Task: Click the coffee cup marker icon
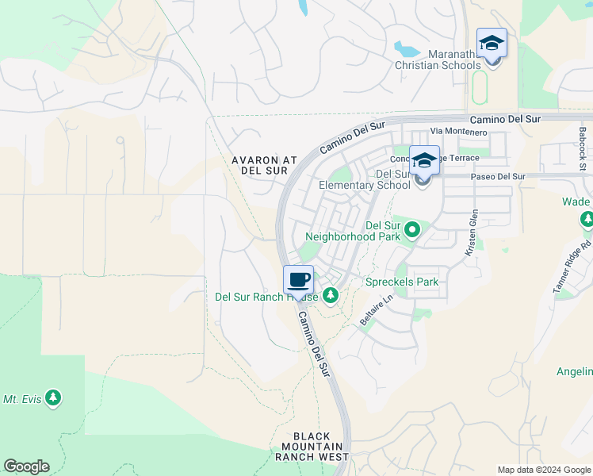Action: (x=298, y=279)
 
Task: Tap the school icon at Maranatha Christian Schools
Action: (x=492, y=42)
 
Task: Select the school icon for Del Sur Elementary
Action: (x=424, y=159)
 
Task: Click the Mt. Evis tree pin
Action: (x=53, y=397)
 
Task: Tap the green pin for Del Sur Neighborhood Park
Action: (x=412, y=230)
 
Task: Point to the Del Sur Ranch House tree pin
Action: (x=330, y=296)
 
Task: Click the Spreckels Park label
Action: (x=401, y=282)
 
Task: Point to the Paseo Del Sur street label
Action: (x=498, y=176)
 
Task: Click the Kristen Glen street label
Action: (x=473, y=232)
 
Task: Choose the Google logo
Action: (x=26, y=466)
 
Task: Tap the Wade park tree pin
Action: (x=587, y=218)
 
